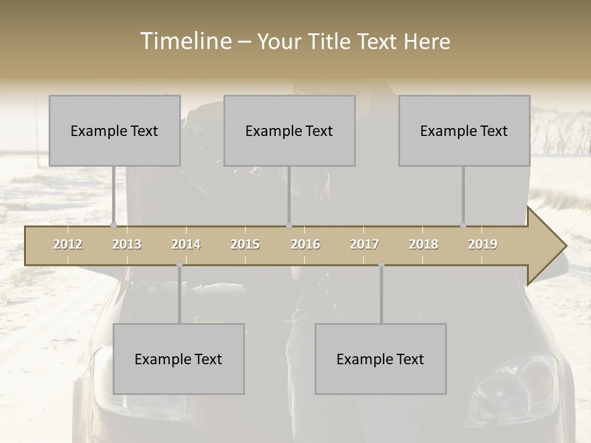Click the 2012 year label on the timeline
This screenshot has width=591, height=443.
pyautogui.click(x=68, y=244)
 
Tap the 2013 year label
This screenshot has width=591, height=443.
pyautogui.click(x=127, y=244)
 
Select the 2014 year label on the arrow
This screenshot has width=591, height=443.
pyautogui.click(x=186, y=244)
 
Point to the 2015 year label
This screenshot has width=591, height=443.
pyautogui.click(x=245, y=244)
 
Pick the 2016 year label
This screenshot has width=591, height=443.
pyautogui.click(x=305, y=244)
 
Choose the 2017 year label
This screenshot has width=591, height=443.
pyautogui.click(x=364, y=244)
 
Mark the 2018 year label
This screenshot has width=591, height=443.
pyautogui.click(x=424, y=244)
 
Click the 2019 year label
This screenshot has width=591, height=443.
pyautogui.click(x=483, y=244)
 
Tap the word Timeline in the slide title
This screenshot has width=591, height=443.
pyautogui.click(x=184, y=41)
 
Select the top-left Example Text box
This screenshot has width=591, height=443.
pyautogui.click(x=115, y=130)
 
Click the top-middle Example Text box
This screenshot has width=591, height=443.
pyautogui.click(x=289, y=130)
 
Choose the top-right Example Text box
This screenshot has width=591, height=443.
pyautogui.click(x=464, y=130)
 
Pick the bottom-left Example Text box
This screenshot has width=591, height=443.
pyautogui.click(x=179, y=359)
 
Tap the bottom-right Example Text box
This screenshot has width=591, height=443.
pyautogui.click(x=380, y=359)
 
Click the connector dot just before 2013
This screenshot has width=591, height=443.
pyautogui.click(x=114, y=225)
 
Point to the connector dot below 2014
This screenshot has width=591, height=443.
pyautogui.click(x=179, y=265)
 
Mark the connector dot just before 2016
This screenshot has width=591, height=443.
pyautogui.click(x=289, y=225)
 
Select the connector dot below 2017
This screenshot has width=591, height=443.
pyautogui.click(x=381, y=265)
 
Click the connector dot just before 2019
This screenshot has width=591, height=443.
pyautogui.click(x=464, y=225)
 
